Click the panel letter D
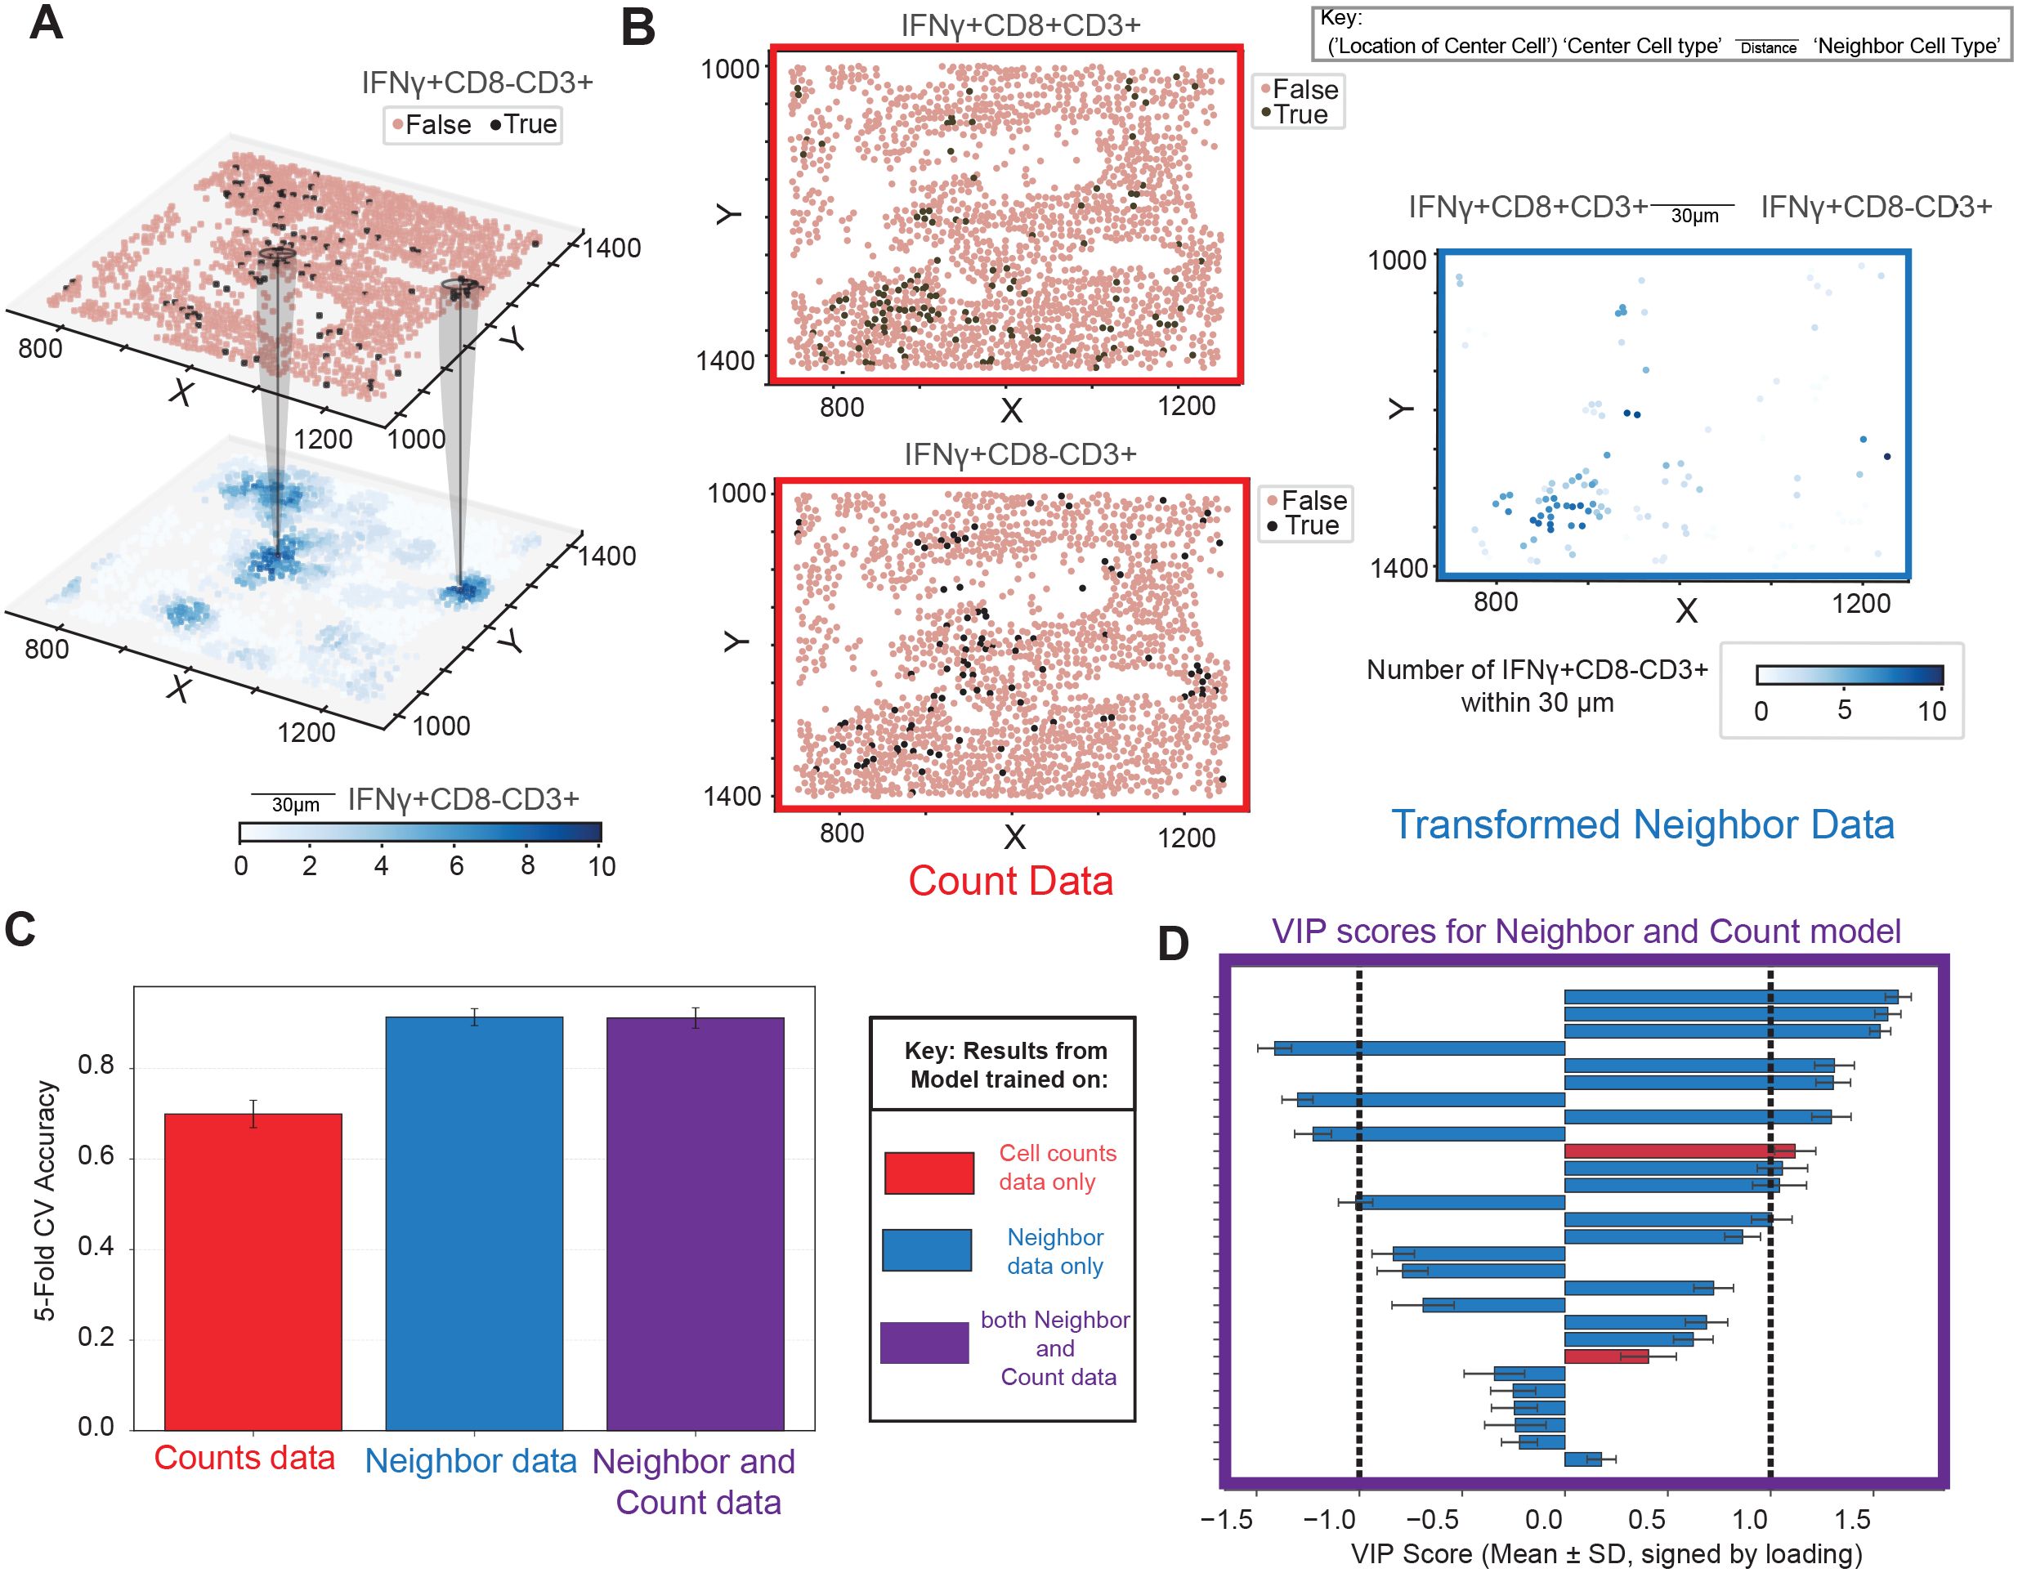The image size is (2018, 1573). [x=1174, y=944]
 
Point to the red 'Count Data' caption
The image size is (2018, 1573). [x=1010, y=881]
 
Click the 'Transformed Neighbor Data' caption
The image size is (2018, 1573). [x=1643, y=824]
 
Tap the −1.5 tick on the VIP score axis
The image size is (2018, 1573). [x=1227, y=1519]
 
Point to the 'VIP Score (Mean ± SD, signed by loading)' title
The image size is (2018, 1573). [x=1606, y=1553]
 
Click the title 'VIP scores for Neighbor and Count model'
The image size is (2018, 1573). [x=1586, y=931]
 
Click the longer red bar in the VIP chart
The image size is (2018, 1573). [x=1679, y=1151]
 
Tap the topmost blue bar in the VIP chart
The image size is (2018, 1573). [x=1730, y=997]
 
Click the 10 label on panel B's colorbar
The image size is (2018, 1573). [x=1931, y=711]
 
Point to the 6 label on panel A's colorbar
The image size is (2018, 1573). [x=456, y=866]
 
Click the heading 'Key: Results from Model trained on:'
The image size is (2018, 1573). [x=1008, y=1065]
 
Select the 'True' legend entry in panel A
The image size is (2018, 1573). [x=523, y=125]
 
